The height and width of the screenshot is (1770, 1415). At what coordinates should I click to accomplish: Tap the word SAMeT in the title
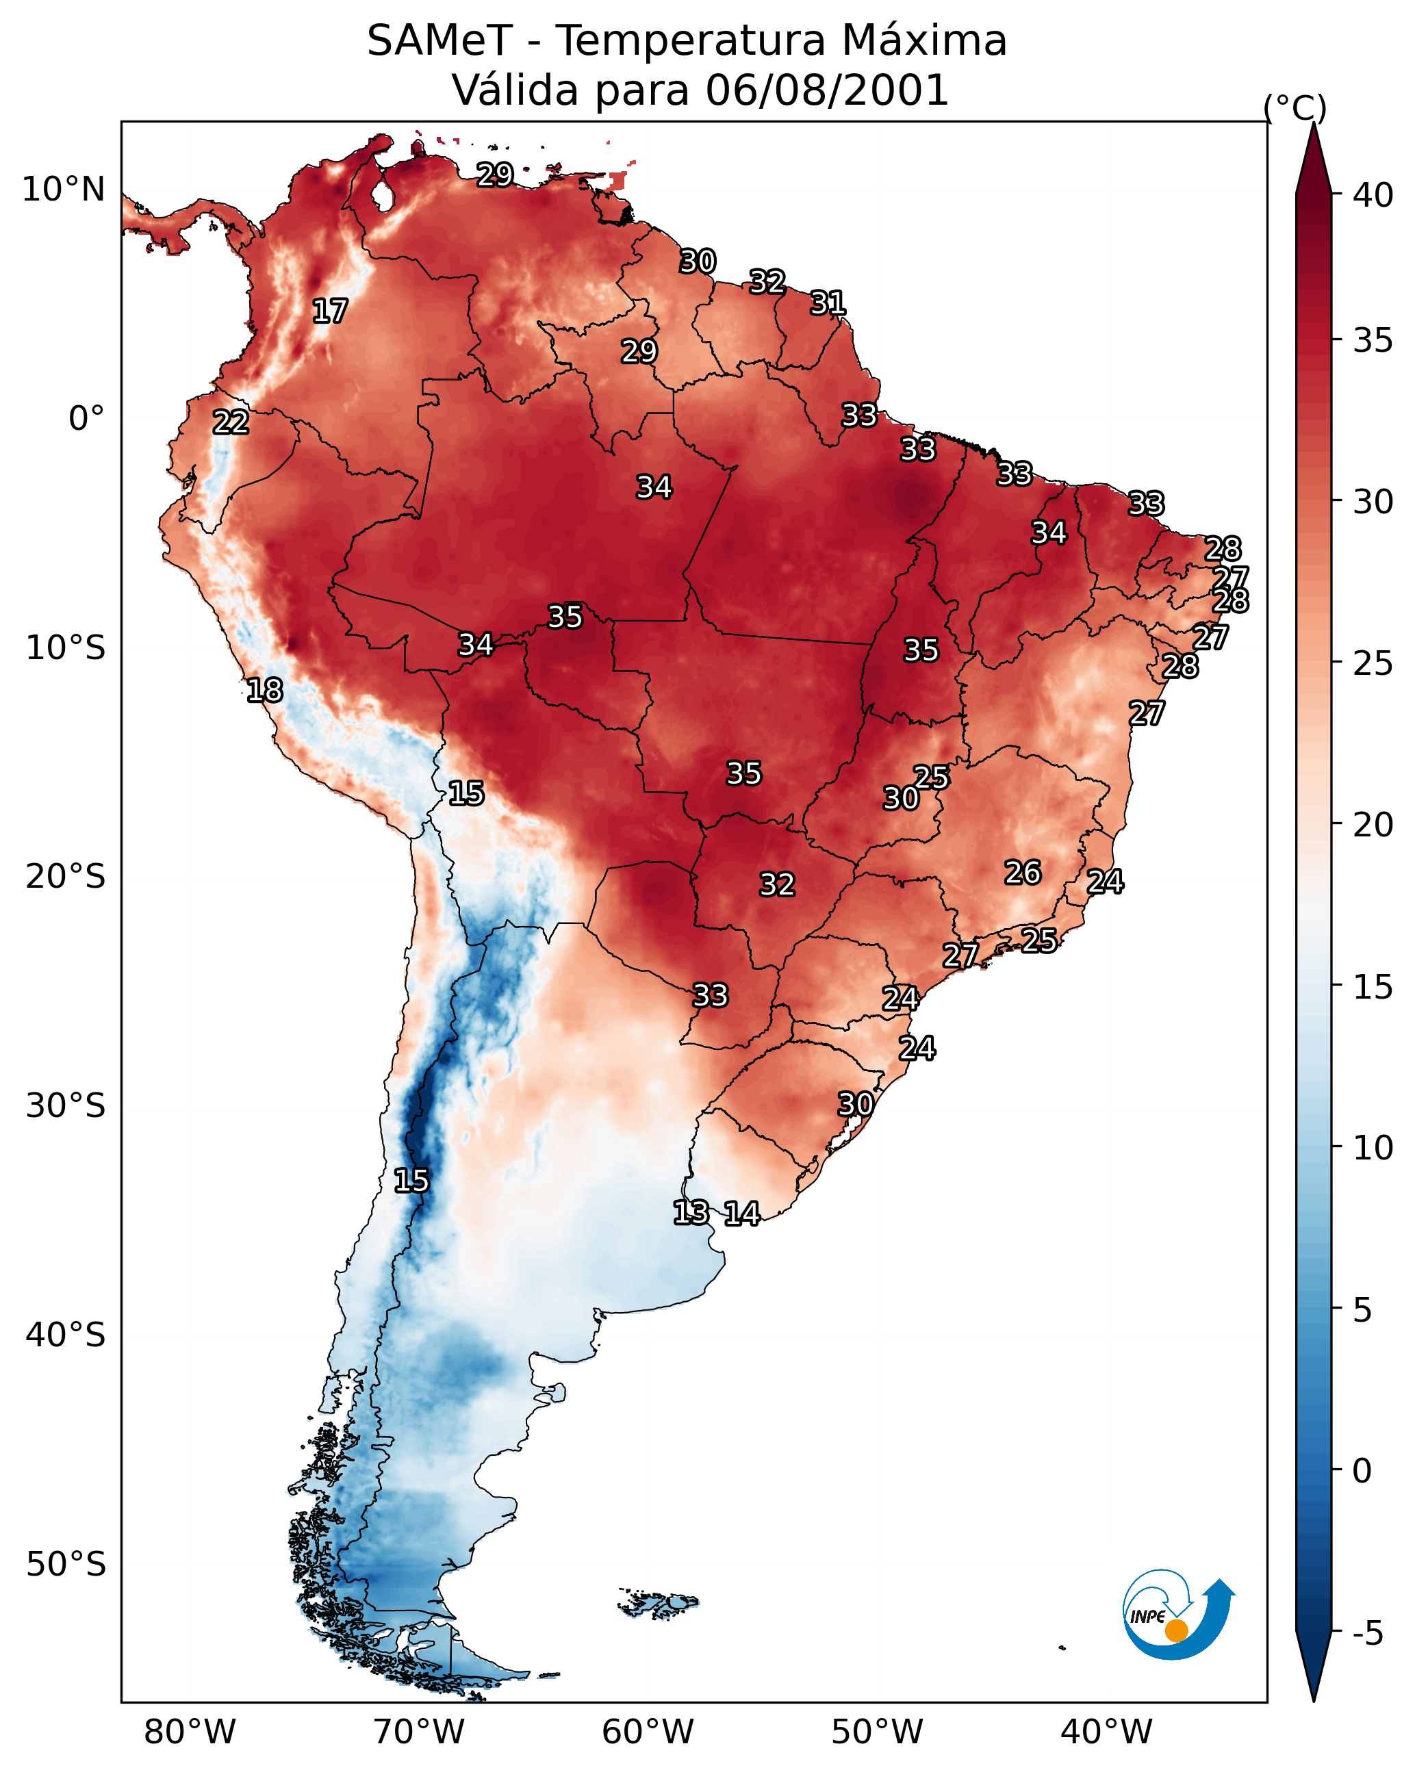(439, 41)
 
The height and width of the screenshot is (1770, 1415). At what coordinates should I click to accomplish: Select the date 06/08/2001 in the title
(826, 90)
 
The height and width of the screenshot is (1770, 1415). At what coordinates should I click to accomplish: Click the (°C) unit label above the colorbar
(1295, 107)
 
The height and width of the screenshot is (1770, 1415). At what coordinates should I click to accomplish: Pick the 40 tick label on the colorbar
(1373, 195)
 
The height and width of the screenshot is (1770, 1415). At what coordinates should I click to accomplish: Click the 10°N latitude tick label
(63, 190)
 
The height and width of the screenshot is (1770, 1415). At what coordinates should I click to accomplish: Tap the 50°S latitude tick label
(65, 1565)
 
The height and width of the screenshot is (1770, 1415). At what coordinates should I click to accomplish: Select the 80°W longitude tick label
(190, 1732)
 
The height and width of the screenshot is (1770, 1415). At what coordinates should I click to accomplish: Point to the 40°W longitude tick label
(1106, 1732)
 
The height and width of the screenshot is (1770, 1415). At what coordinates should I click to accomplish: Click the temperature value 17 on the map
(330, 311)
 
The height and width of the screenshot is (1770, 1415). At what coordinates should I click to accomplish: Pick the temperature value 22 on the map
(231, 423)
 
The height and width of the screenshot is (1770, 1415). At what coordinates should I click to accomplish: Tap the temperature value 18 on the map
(264, 691)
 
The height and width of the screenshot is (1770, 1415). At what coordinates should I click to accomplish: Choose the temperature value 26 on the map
(1023, 873)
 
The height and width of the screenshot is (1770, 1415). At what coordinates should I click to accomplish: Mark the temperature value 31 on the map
(828, 304)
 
